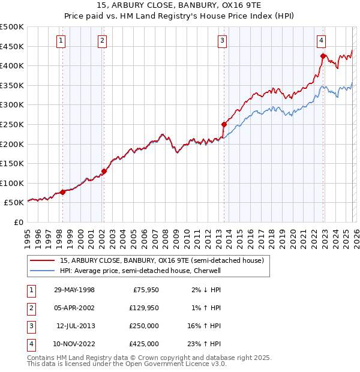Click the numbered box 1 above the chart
click(62, 41)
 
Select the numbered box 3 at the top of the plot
click(222, 41)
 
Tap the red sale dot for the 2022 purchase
click(323, 56)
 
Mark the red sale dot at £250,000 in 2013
click(224, 125)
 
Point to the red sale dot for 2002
click(104, 171)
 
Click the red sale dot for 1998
click(63, 192)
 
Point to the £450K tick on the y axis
click(12, 46)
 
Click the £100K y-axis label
click(12, 183)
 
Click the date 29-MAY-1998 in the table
click(74, 290)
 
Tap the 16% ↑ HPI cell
click(205, 326)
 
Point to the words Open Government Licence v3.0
click(175, 364)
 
